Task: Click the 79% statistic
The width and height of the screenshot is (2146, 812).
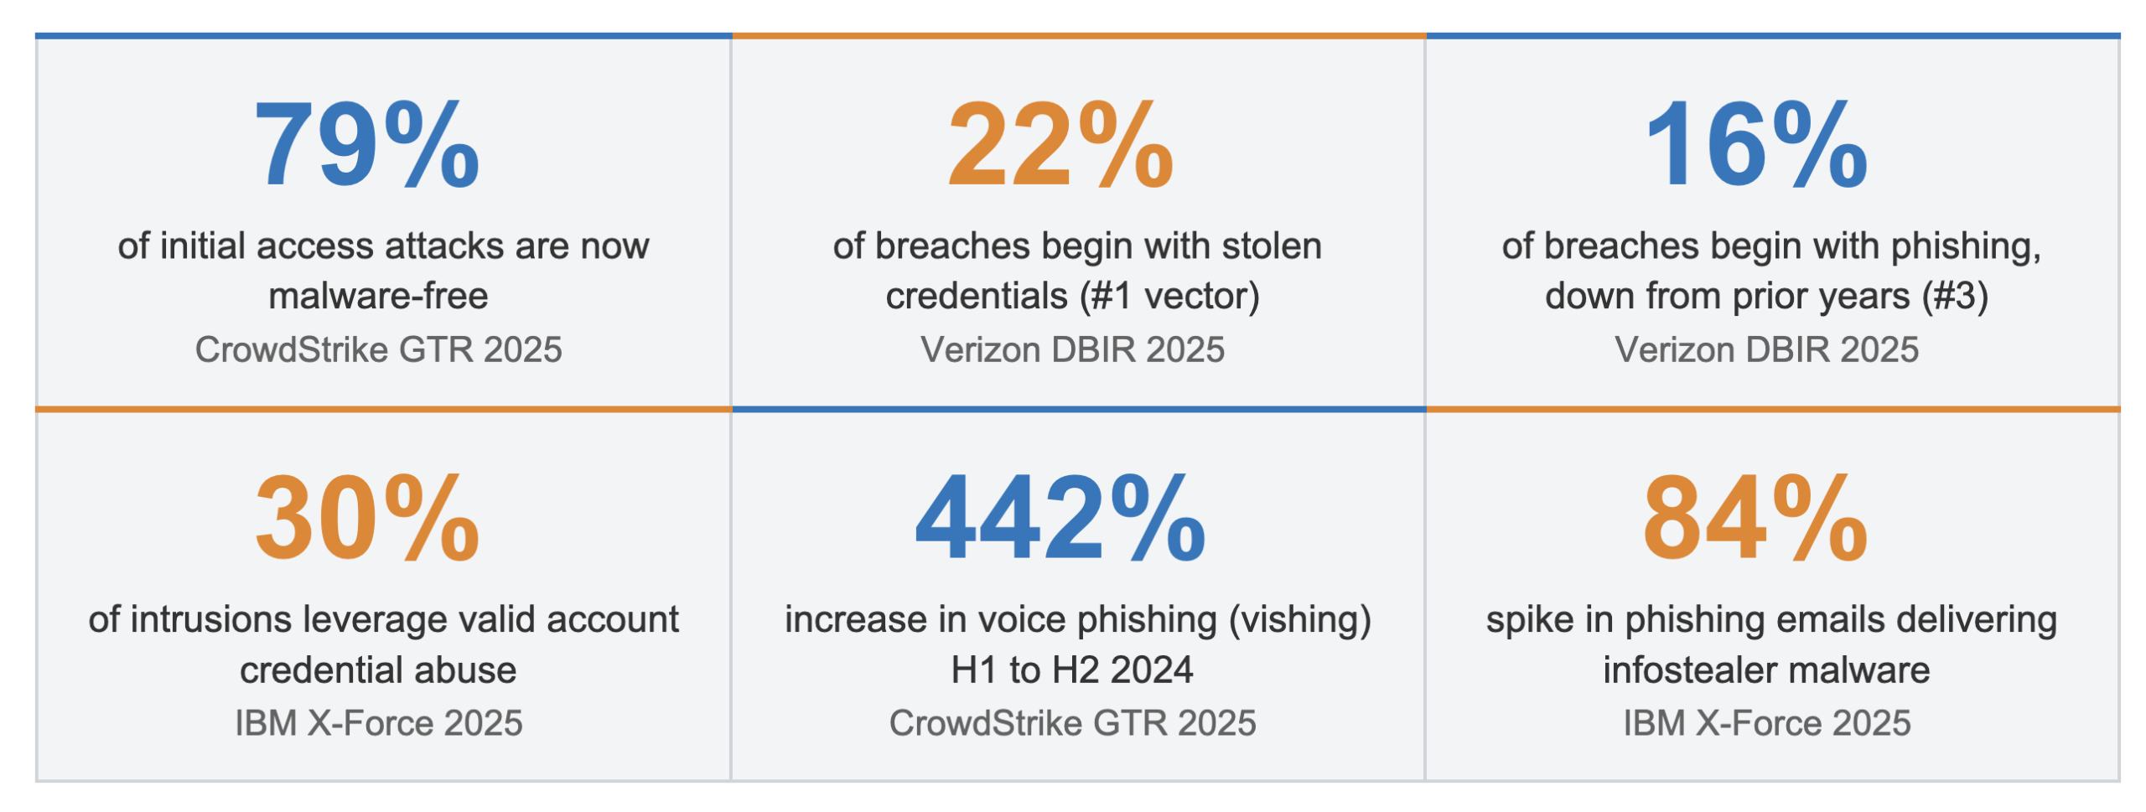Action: click(366, 145)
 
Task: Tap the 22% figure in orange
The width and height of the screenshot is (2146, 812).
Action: click(1060, 145)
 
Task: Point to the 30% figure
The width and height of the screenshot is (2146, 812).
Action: click(366, 518)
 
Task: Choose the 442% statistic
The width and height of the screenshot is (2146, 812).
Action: click(1060, 518)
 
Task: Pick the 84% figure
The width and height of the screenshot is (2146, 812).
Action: click(1755, 518)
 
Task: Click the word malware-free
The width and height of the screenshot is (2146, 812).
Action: click(378, 296)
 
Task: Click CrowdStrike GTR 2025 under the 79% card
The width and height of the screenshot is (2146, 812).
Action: click(378, 349)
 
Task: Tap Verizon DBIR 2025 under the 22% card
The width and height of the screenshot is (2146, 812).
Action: click(1072, 349)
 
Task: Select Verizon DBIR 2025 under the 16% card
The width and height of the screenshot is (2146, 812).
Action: click(1766, 349)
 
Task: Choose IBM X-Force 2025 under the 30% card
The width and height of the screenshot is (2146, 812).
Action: click(378, 723)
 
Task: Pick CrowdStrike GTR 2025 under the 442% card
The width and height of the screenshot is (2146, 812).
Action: click(1072, 723)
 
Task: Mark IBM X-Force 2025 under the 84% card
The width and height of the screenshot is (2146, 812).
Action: click(1766, 723)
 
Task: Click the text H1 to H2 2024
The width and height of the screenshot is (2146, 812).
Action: click(1071, 670)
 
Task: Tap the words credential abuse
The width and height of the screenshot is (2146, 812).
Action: click(378, 670)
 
